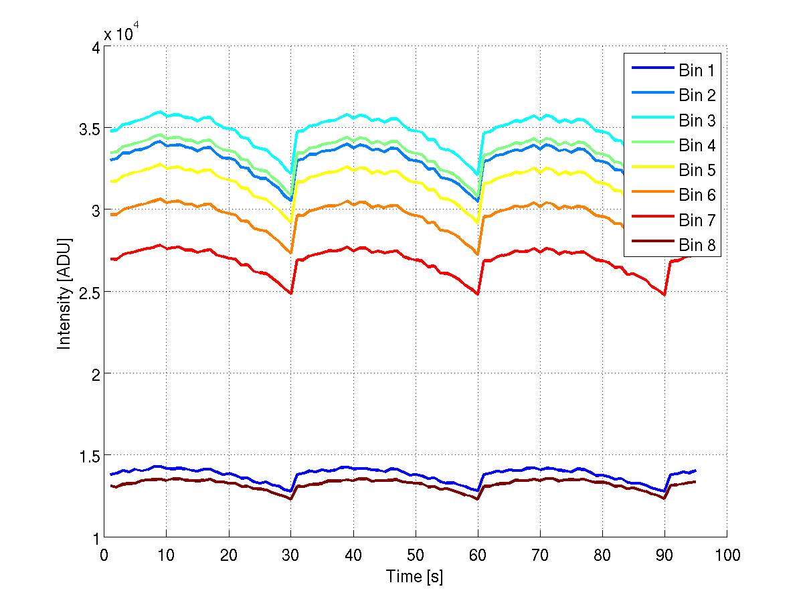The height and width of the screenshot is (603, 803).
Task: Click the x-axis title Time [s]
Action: [414, 576]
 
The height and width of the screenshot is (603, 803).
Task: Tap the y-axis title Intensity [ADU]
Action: [64, 292]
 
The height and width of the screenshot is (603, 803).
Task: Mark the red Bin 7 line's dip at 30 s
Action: [290, 293]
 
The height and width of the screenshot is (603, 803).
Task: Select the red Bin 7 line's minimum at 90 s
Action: [664, 294]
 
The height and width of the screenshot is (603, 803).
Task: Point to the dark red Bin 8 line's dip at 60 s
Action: [477, 499]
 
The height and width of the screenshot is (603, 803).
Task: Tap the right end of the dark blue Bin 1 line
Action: [695, 470]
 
